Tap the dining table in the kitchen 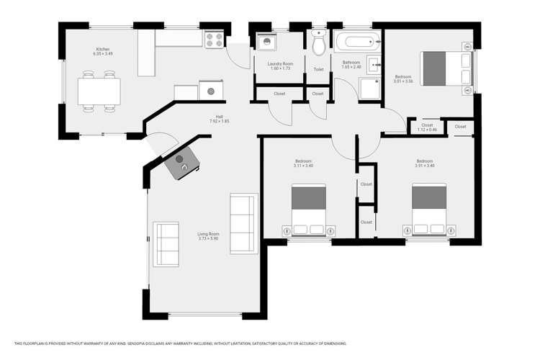click(x=99, y=91)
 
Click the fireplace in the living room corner click(x=181, y=166)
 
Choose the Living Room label click(x=209, y=234)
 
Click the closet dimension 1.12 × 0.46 click(x=427, y=130)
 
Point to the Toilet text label click(x=318, y=70)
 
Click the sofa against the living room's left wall click(x=166, y=245)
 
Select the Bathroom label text click(x=351, y=62)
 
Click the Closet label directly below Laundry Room click(x=279, y=94)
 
